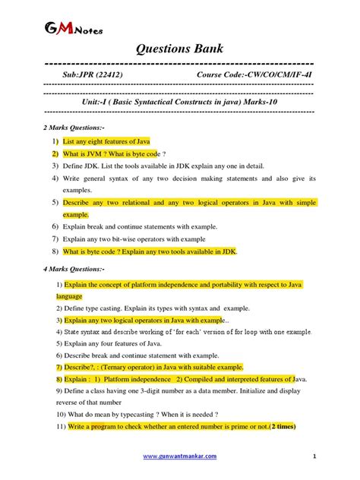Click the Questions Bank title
coord(179,49)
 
